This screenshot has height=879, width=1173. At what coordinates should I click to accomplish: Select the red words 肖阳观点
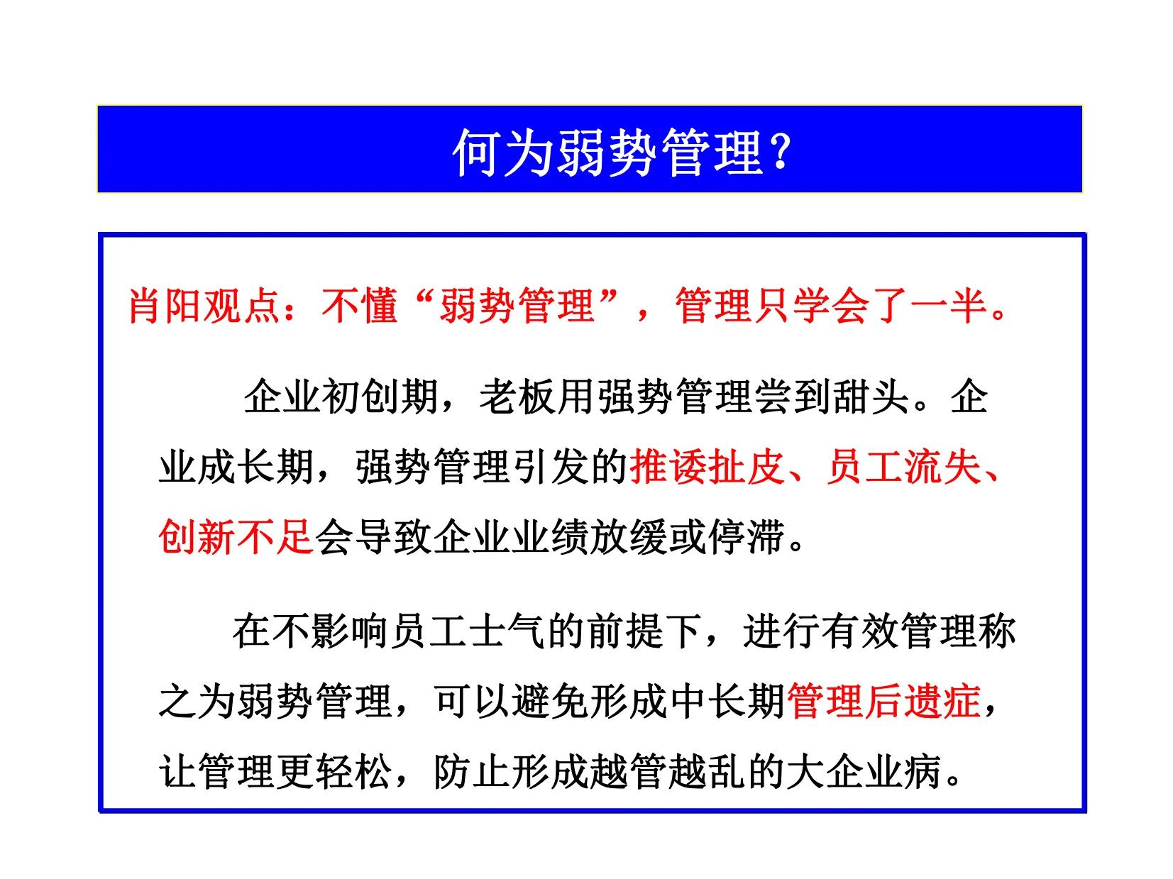[x=204, y=306]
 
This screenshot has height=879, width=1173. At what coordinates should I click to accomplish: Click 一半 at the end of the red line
[x=948, y=306]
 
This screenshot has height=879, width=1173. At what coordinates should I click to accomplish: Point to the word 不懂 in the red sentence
[x=358, y=306]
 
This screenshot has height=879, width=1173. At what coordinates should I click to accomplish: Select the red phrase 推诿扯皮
[x=706, y=468]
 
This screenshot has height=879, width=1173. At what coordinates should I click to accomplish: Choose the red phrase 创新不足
[x=236, y=536]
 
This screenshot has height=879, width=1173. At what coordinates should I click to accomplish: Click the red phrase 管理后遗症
[x=884, y=701]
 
